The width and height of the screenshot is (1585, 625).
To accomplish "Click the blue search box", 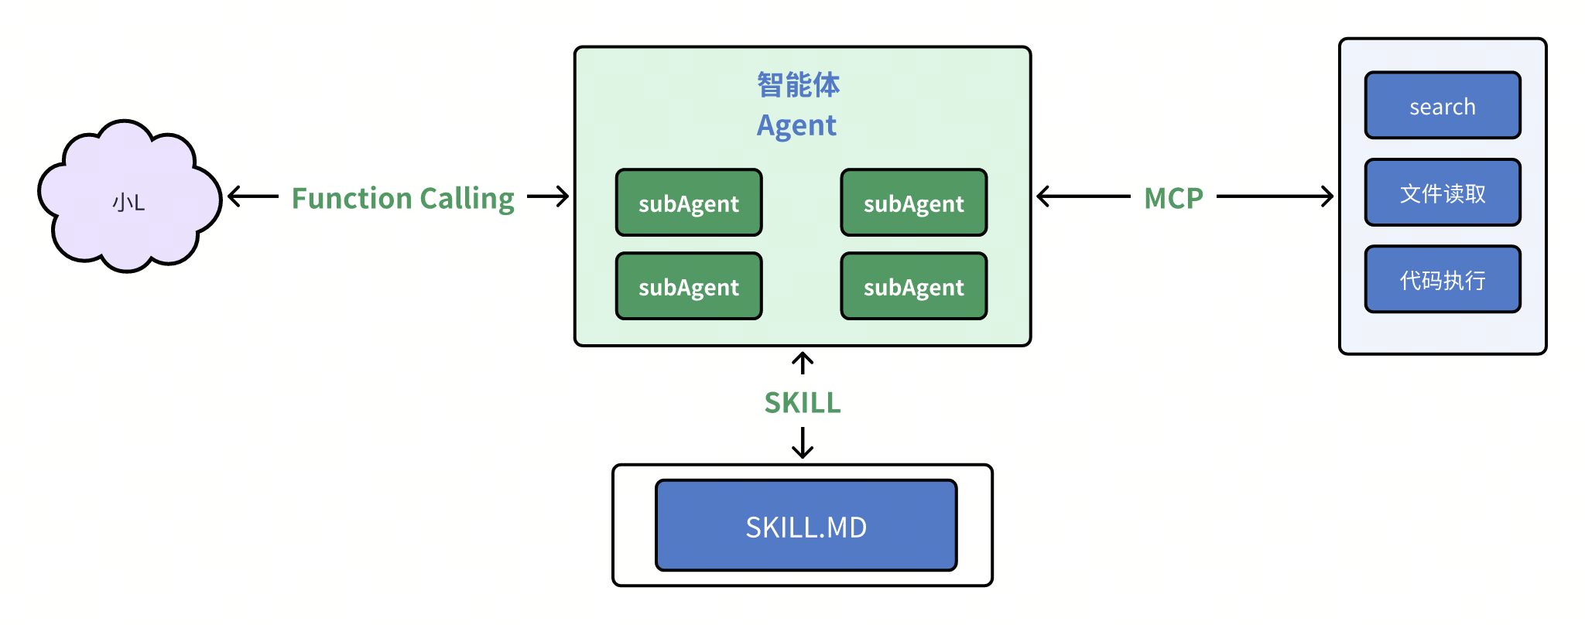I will (x=1443, y=106).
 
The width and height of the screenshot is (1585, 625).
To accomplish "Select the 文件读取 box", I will (x=1443, y=193).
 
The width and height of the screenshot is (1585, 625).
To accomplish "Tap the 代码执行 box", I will (x=1443, y=279).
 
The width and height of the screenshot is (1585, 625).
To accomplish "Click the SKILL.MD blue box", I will (x=806, y=526).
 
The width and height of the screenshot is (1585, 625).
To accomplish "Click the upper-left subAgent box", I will (x=689, y=203).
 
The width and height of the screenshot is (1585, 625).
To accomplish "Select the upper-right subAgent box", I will (x=913, y=203).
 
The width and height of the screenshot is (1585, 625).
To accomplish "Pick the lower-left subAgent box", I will (x=689, y=286).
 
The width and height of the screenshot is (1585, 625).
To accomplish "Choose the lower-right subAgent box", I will (x=913, y=286).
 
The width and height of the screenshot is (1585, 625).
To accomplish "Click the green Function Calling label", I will (x=402, y=198).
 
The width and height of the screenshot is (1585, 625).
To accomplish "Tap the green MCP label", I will (x=1173, y=198).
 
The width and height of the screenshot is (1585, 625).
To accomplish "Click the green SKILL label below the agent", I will (x=803, y=402).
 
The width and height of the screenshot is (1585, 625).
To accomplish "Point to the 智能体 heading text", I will (x=798, y=84).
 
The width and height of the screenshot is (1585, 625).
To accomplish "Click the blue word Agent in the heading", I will (x=796, y=125).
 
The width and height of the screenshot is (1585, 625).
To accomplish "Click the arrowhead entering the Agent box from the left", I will (x=563, y=196).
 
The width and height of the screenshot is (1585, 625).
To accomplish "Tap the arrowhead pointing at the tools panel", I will (x=1328, y=196).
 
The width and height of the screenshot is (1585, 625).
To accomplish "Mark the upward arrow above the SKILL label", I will (x=803, y=360).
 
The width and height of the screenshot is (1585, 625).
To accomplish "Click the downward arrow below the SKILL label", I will (x=803, y=447).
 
